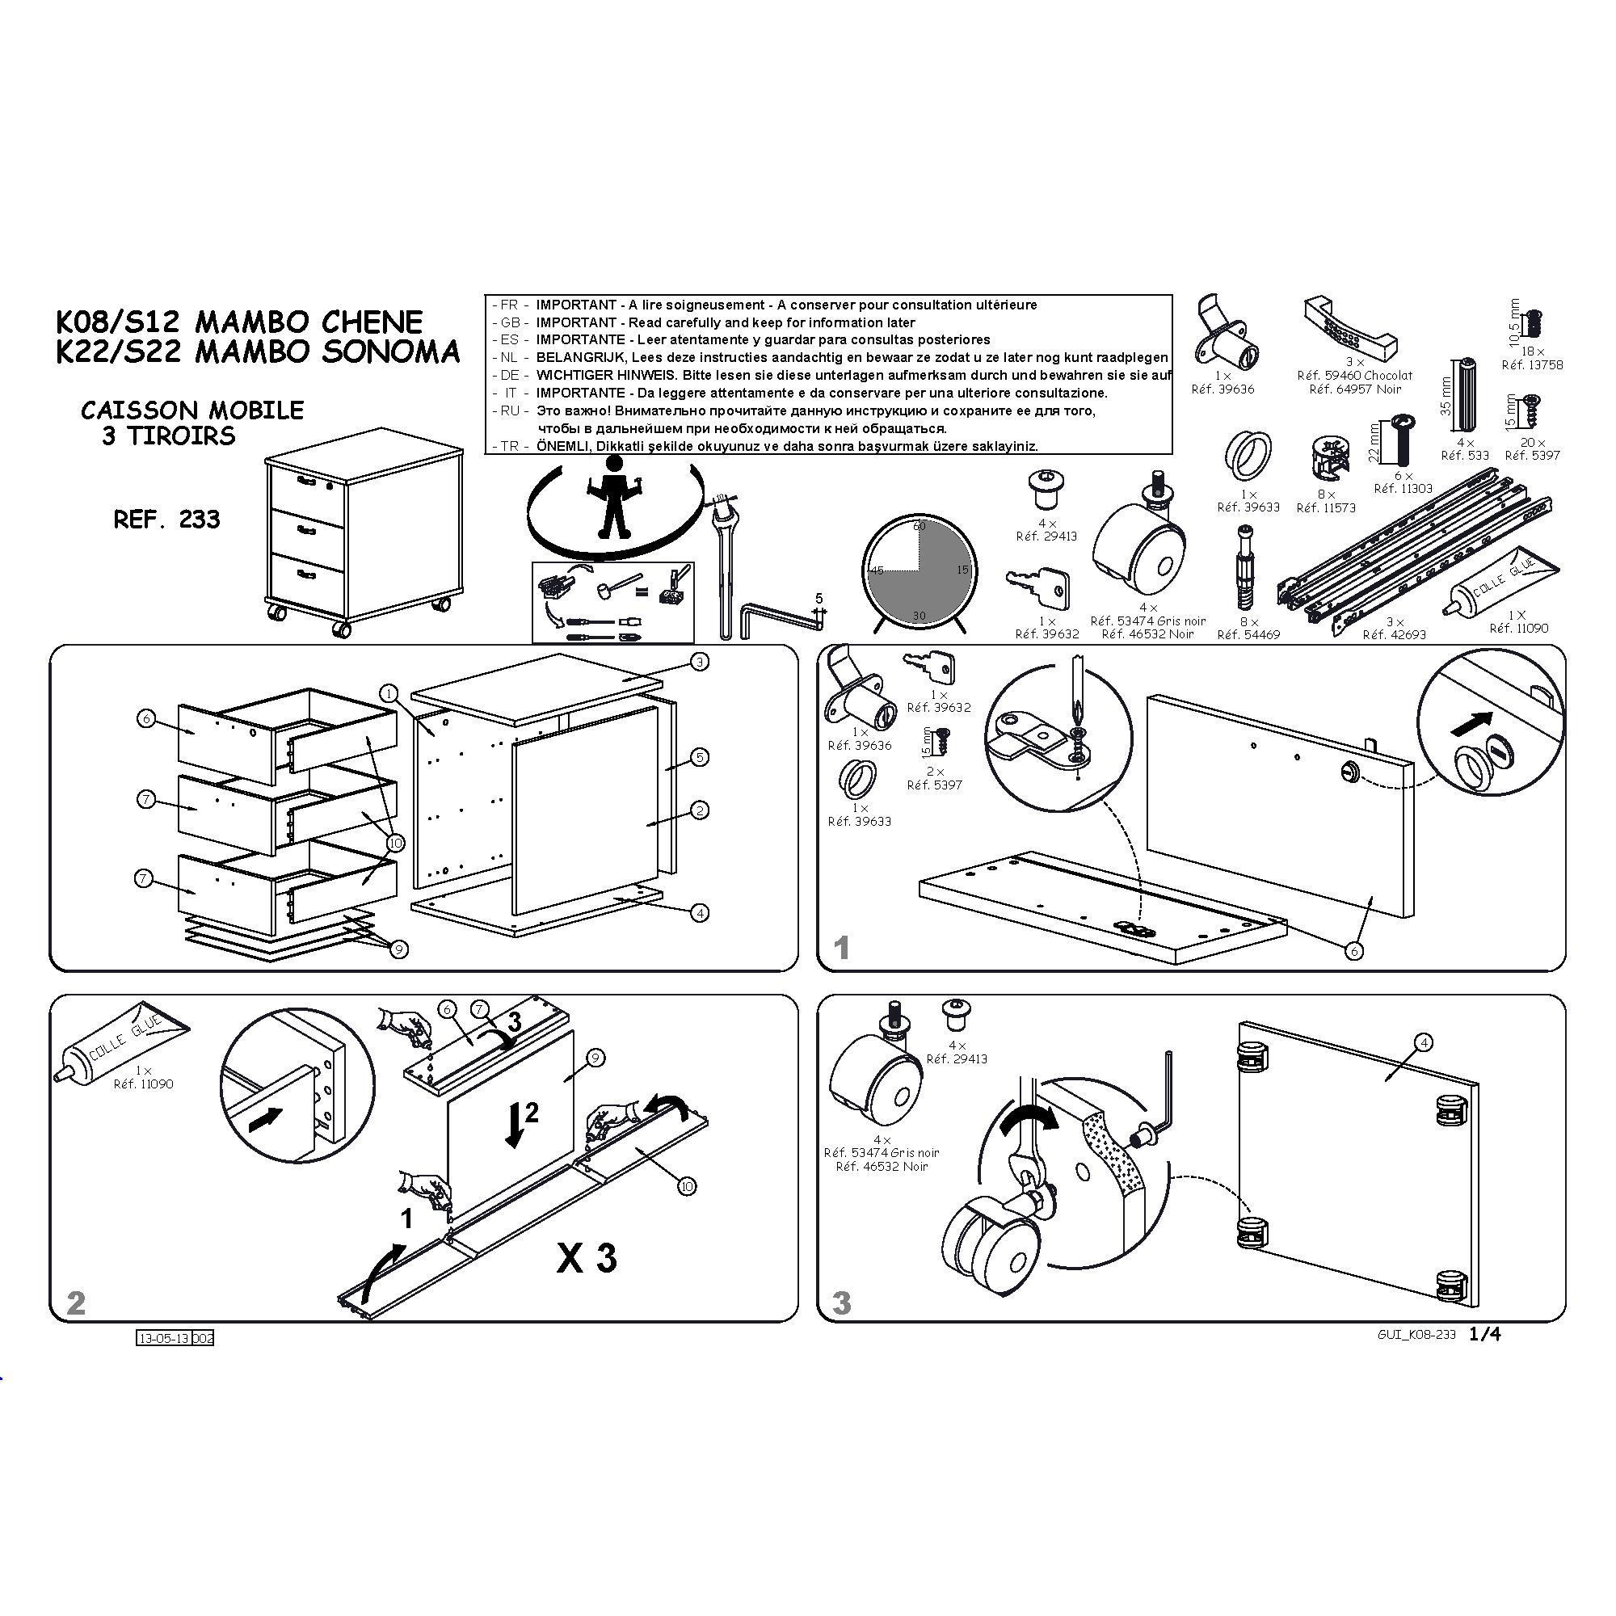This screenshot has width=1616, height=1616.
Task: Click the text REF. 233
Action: click(x=166, y=520)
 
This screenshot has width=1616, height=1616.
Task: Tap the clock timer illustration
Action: click(x=919, y=572)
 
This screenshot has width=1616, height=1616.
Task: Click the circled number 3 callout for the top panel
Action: click(x=699, y=662)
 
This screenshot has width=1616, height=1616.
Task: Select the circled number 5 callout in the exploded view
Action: click(x=699, y=757)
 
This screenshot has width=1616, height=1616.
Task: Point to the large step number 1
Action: click(x=841, y=948)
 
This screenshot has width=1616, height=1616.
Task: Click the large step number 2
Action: click(x=75, y=1303)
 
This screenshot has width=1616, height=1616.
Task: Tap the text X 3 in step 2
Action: click(x=587, y=1258)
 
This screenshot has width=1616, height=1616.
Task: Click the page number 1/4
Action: click(x=1484, y=1334)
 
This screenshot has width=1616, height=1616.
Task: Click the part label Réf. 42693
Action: click(x=1395, y=635)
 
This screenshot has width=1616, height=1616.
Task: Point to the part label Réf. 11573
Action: click(x=1326, y=507)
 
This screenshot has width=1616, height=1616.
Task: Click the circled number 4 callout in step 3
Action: click(x=1423, y=1042)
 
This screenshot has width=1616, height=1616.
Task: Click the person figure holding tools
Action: click(x=616, y=499)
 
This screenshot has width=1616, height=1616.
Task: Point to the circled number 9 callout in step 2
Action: click(x=595, y=1058)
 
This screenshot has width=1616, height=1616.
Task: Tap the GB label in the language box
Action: click(x=510, y=323)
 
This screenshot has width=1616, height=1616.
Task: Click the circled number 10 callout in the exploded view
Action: click(x=394, y=843)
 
